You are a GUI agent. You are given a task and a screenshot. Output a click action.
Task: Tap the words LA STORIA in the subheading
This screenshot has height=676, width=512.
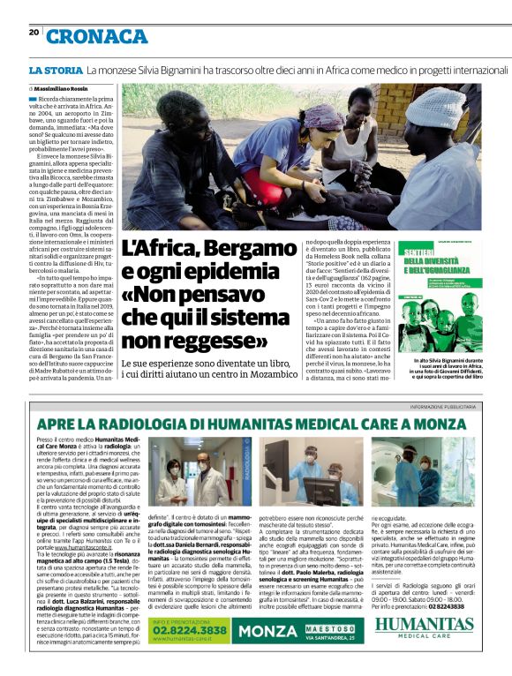55,70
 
